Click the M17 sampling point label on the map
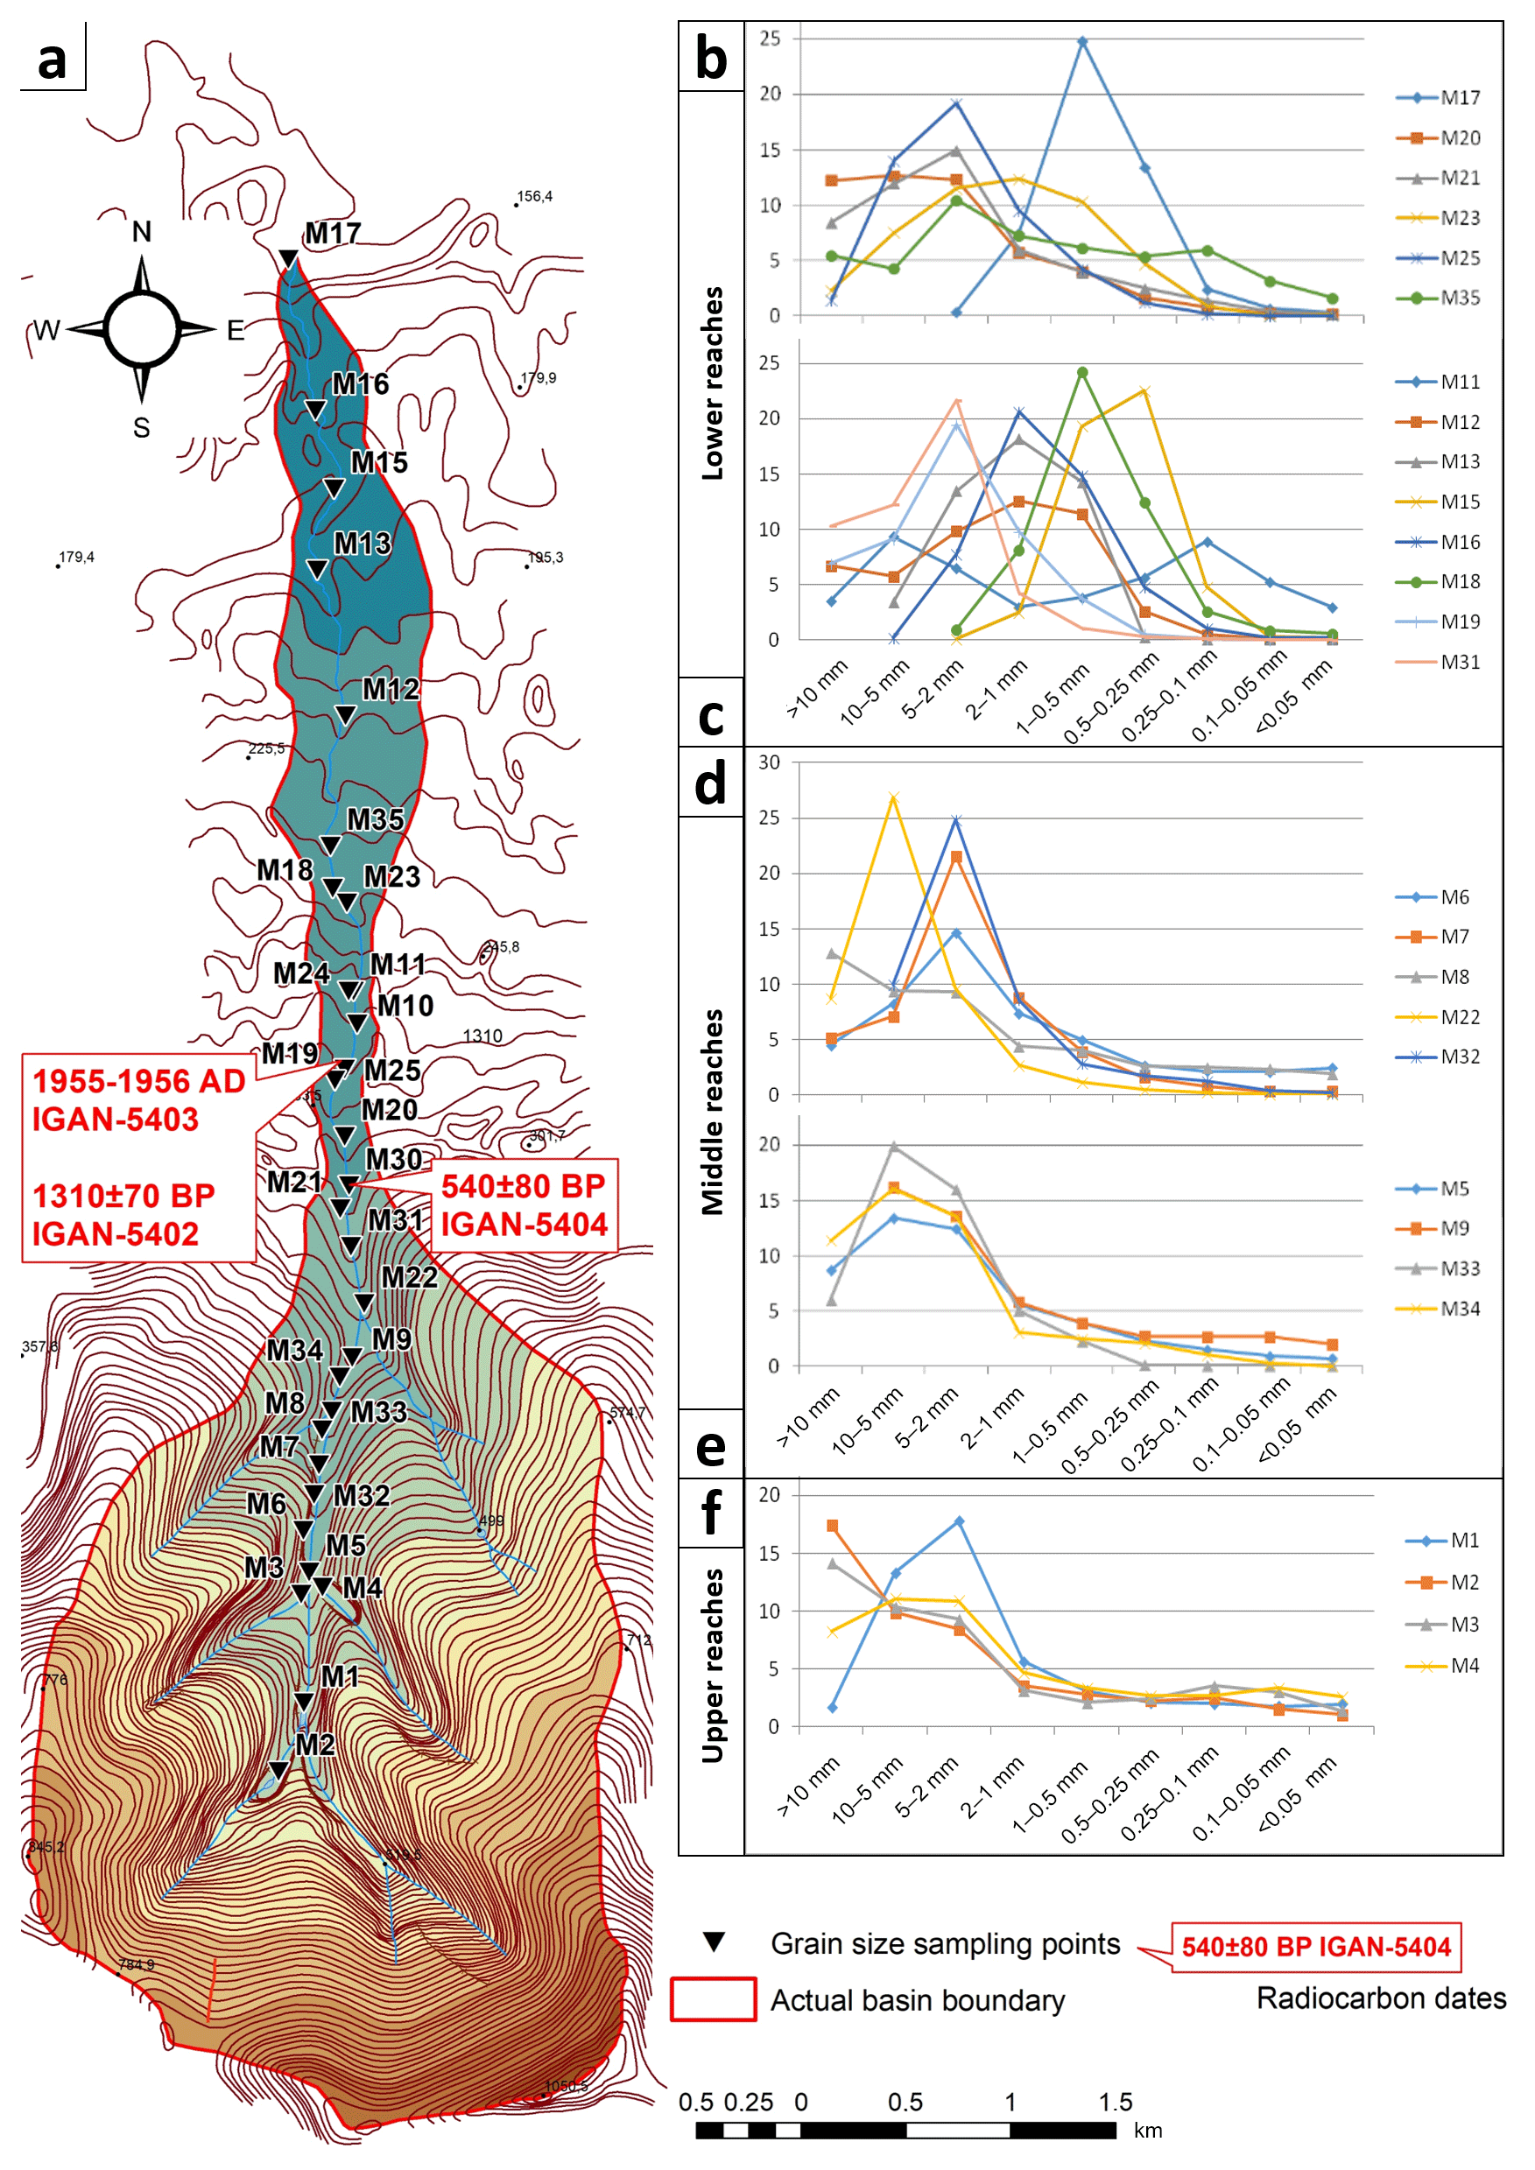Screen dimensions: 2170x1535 coord(333,234)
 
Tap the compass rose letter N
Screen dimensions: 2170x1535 coord(142,232)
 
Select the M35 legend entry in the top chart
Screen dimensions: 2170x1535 coord(1438,298)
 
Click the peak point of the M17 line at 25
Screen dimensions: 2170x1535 coord(1082,43)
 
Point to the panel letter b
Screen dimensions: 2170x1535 coord(711,59)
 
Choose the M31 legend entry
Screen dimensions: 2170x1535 coord(1438,663)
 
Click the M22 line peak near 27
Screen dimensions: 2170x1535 coord(893,797)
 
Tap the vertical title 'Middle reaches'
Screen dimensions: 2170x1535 coord(713,1113)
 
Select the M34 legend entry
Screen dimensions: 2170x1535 coord(1438,1309)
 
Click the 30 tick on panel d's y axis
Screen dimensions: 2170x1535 coord(770,762)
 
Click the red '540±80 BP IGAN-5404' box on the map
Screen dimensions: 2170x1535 coord(524,1206)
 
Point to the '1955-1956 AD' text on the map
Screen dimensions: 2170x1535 coord(139,1081)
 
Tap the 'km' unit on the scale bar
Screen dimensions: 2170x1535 coord(1149,2131)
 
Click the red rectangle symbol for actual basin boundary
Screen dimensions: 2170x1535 coord(714,2000)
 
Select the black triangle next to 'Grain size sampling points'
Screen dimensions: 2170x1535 coord(715,1943)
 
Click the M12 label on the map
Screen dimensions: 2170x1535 coord(391,690)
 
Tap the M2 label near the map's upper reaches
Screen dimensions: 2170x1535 coord(314,1745)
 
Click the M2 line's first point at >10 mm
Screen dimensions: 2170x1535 coord(832,1527)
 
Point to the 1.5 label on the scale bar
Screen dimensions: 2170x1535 coord(1116,2102)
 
